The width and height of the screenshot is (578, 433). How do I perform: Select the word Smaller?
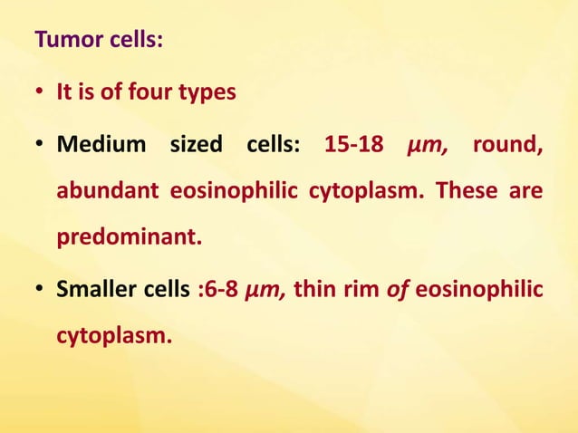92,292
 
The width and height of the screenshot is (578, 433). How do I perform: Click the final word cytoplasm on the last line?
114,335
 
